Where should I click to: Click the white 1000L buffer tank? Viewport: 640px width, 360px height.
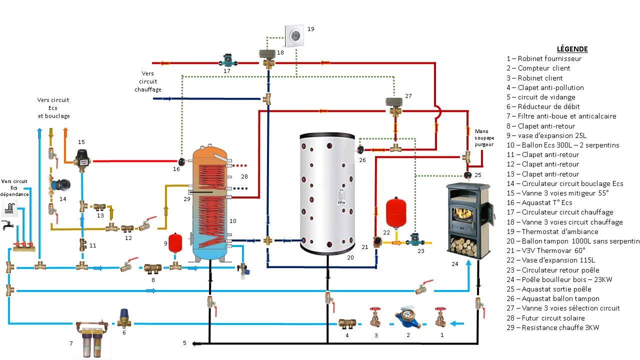(x=327, y=192)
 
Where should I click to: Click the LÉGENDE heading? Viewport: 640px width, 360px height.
(x=572, y=49)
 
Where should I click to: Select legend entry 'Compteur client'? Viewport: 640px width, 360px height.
(x=538, y=68)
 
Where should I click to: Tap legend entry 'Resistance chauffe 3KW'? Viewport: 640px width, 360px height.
(x=553, y=327)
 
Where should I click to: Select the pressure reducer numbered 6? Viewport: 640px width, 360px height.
(x=123, y=317)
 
